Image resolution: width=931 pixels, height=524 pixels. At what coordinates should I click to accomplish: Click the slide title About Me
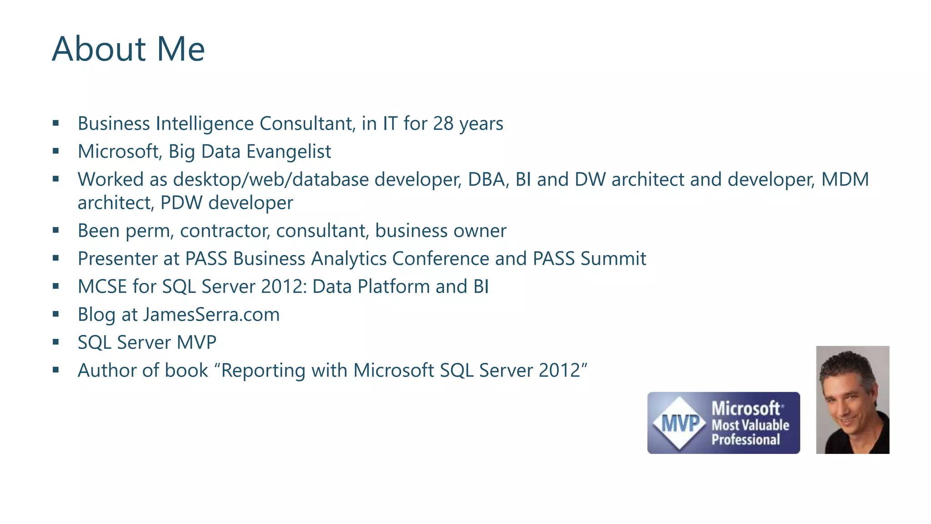click(128, 49)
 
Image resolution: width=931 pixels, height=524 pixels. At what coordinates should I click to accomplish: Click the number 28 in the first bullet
click(443, 124)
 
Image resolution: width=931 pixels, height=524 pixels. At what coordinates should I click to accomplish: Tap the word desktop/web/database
click(270, 180)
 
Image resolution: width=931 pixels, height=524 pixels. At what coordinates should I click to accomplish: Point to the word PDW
click(181, 203)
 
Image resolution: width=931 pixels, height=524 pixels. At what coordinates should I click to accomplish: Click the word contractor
click(225, 231)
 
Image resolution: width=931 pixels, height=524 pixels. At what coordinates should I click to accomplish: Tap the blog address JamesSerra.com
click(211, 315)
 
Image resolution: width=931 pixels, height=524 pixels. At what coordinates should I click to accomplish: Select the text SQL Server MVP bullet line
click(147, 343)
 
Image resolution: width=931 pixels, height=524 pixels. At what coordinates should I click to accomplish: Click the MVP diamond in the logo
click(680, 423)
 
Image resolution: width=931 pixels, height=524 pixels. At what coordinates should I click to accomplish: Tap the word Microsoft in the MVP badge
click(746, 408)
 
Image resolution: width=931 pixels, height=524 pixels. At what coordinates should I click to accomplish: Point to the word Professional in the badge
click(746, 440)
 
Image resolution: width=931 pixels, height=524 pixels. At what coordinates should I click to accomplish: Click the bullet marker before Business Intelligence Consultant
click(56, 123)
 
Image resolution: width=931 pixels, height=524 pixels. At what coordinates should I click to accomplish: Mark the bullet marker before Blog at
click(56, 314)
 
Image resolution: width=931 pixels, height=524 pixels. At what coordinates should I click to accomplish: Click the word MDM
click(845, 180)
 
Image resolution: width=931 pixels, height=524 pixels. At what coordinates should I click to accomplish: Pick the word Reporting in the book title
click(263, 370)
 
